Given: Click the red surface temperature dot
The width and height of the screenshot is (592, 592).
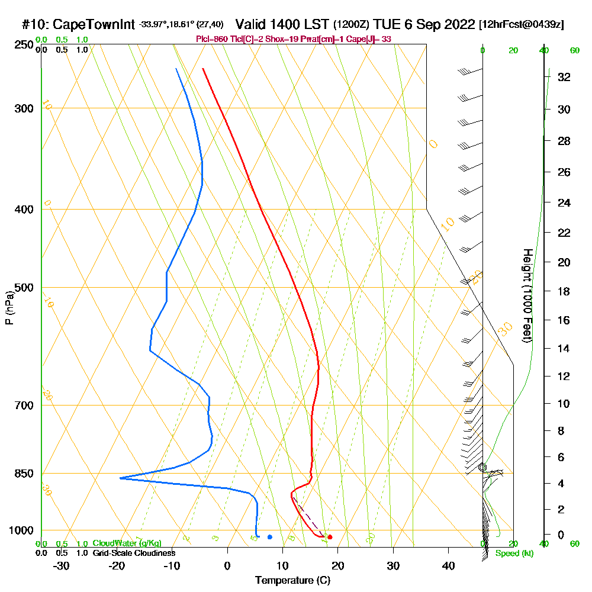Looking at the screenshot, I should coord(330,537).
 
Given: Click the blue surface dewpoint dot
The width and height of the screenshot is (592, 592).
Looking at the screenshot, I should coord(269,537).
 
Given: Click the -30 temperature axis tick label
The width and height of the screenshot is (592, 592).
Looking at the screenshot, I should coord(62,566).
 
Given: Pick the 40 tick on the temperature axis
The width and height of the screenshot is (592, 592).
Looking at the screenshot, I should coord(448,566).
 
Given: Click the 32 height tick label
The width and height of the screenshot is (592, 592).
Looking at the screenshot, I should coord(564,77).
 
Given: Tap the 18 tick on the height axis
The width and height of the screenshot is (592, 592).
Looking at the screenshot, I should coord(564,291).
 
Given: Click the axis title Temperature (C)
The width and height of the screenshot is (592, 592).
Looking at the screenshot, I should coord(292,581).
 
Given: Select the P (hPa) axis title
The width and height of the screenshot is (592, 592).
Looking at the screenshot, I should coord(9,308).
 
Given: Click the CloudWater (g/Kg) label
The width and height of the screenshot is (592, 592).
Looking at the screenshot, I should coord(127,543).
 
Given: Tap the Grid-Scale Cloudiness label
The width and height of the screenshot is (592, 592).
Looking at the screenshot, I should coord(134,553).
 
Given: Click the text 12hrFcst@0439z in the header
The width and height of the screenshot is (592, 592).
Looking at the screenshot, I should coord(522,25).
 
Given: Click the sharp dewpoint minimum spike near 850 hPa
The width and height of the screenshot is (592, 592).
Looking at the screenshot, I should coord(120,478).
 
